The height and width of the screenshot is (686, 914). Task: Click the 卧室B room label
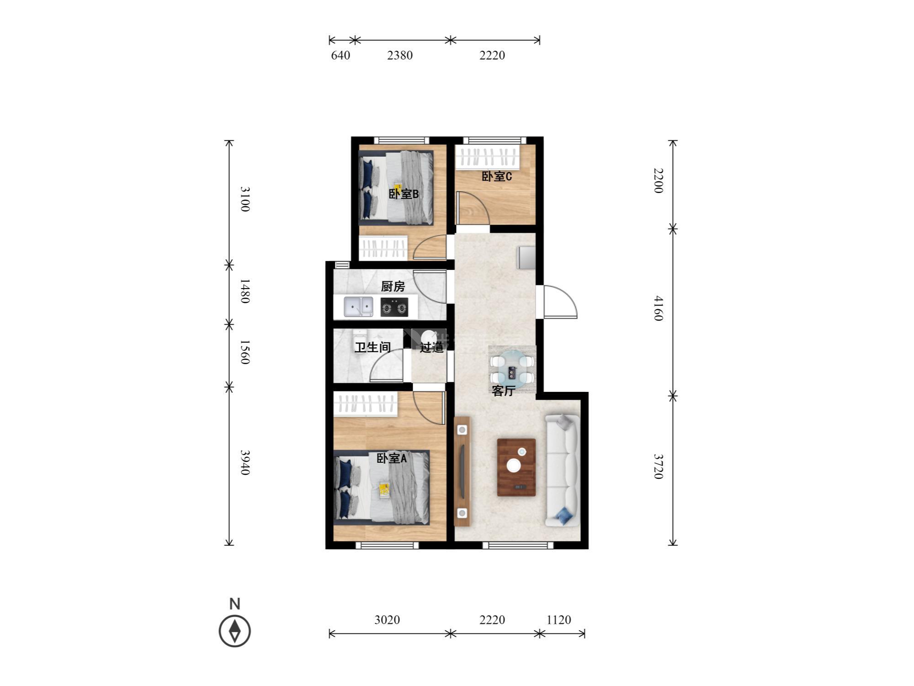pyautogui.click(x=404, y=194)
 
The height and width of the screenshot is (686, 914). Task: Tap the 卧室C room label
pyautogui.click(x=497, y=176)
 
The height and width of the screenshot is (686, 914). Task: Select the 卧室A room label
pyautogui.click(x=392, y=458)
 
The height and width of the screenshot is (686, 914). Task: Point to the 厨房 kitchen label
pyautogui.click(x=393, y=286)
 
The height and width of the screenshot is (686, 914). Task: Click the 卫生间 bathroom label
pyautogui.click(x=373, y=347)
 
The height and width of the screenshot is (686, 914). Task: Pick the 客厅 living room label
pyautogui.click(x=504, y=391)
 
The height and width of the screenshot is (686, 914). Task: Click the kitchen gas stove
pyautogui.click(x=394, y=307)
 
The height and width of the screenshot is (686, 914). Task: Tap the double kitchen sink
pyautogui.click(x=358, y=306)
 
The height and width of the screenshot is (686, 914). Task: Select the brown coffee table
pyautogui.click(x=516, y=467)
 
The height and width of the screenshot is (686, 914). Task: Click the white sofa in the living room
pyautogui.click(x=563, y=470)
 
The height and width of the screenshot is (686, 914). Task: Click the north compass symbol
pyautogui.click(x=235, y=631)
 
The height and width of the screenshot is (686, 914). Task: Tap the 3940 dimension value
pyautogui.click(x=245, y=462)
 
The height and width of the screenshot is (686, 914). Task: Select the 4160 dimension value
pyautogui.click(x=658, y=308)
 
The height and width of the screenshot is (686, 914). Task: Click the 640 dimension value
pyautogui.click(x=340, y=55)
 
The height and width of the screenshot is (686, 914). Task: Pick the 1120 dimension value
pyautogui.click(x=559, y=620)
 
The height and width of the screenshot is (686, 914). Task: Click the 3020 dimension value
pyautogui.click(x=387, y=620)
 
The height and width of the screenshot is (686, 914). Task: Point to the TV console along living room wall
pyautogui.click(x=462, y=472)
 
